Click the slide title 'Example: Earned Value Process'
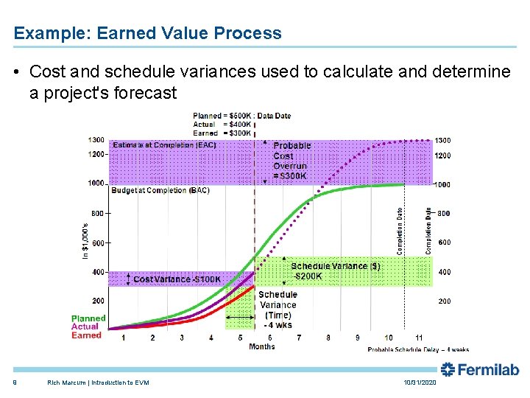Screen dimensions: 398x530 [x=147, y=33]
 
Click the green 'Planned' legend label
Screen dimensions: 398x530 [x=88, y=318]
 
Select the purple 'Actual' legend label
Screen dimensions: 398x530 [x=85, y=327]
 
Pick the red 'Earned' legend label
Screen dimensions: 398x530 [x=86, y=335]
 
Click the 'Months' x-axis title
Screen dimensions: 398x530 [x=262, y=346]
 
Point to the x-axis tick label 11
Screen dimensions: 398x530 [x=420, y=338]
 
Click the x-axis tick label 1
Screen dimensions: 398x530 [x=123, y=338]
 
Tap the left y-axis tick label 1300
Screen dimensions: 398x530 [x=96, y=140]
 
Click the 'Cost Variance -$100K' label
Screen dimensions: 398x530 [x=177, y=279]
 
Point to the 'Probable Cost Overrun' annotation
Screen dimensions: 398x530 [x=291, y=161]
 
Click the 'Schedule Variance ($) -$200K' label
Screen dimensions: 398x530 [x=335, y=271]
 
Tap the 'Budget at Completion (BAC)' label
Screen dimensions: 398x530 [x=160, y=190]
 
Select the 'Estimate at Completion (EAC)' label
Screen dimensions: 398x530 [x=165, y=145]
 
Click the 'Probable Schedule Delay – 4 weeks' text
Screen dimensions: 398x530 [x=418, y=349]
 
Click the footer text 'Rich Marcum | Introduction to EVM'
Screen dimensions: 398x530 [x=98, y=383]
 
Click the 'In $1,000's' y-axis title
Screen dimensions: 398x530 [x=85, y=235]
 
